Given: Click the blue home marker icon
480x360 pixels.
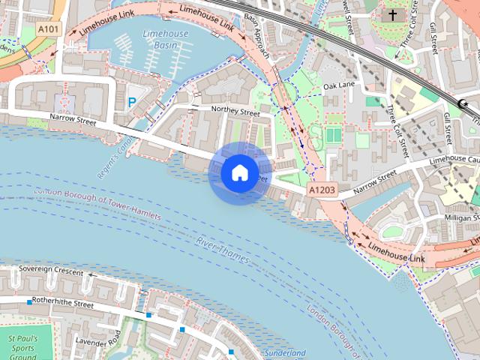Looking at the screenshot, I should point(239,172).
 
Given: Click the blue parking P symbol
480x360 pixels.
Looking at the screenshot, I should point(132,102).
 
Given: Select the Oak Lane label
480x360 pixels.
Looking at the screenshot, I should point(338,86).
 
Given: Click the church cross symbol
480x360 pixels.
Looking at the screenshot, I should point(392,15).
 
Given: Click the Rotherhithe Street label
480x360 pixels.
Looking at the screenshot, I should point(57,304).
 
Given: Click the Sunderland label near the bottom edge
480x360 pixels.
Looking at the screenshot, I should point(285,352).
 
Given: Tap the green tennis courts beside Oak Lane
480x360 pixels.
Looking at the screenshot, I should point(333,136).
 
